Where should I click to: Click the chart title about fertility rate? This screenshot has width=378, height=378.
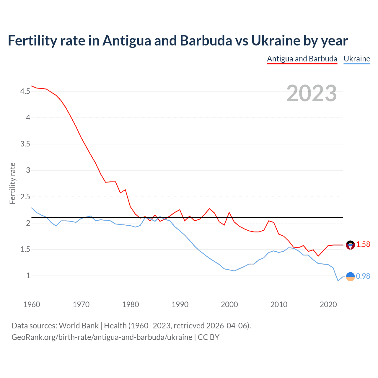(178, 40)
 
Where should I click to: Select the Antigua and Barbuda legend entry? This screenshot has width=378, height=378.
(302, 59)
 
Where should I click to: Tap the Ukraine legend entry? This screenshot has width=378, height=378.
(357, 59)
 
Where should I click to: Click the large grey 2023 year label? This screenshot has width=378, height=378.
(311, 93)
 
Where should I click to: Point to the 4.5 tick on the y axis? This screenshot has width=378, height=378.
(25, 92)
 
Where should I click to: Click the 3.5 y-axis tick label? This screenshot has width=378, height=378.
(25, 144)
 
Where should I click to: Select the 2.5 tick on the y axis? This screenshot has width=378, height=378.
(25, 197)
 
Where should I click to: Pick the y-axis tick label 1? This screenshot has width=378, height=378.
(28, 276)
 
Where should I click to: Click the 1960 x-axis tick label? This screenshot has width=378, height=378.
(32, 304)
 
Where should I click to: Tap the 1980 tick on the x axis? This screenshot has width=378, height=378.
(131, 304)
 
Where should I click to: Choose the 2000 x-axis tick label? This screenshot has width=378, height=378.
(229, 304)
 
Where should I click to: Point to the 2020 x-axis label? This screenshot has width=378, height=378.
(328, 304)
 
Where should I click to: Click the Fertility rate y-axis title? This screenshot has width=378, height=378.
(12, 183)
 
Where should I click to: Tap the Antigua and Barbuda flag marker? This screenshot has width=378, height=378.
(350, 245)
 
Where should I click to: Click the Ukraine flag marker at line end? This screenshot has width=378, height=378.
(350, 276)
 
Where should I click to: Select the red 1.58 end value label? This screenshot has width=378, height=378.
(363, 245)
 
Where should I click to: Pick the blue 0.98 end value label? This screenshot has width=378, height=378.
(363, 276)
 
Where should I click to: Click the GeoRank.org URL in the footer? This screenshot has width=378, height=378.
(102, 337)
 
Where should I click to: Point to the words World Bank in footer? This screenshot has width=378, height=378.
(79, 326)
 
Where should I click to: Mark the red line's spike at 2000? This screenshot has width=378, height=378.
(229, 212)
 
